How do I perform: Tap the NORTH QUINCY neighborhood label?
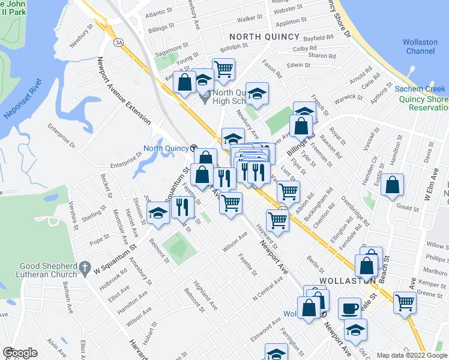click(x=264, y=37)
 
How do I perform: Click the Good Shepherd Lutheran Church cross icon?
click(x=85, y=266)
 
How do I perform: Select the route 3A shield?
click(x=119, y=42)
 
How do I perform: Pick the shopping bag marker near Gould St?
click(x=392, y=186)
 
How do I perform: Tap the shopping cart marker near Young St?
click(x=223, y=70)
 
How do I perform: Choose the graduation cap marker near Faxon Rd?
click(x=257, y=94)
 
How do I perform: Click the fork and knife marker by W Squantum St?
click(x=182, y=207)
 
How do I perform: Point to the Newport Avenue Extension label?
click(x=124, y=91)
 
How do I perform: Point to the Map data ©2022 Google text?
click(x=411, y=355)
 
